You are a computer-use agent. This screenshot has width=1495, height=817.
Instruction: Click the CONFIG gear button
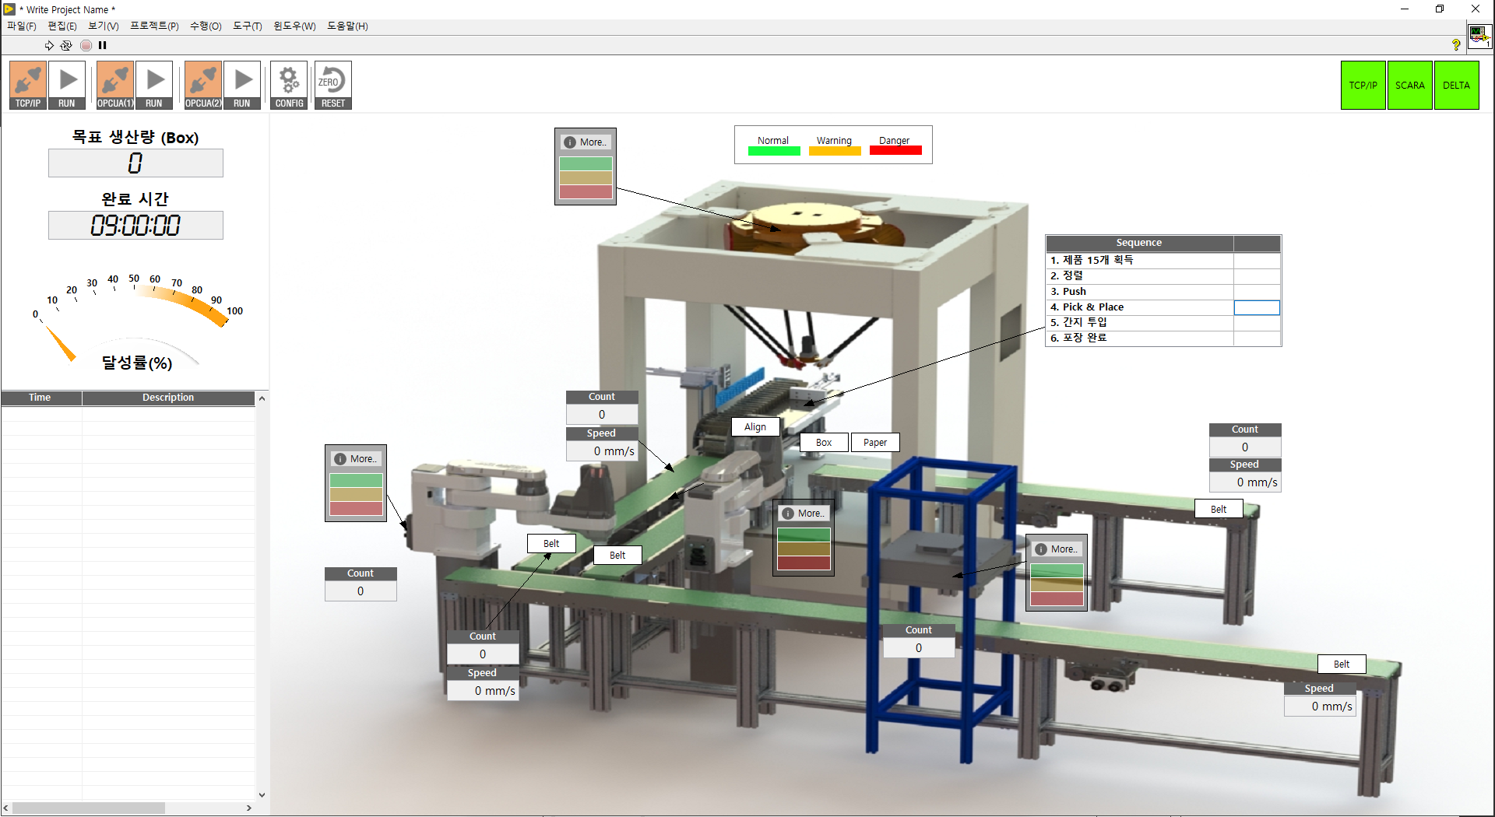289,85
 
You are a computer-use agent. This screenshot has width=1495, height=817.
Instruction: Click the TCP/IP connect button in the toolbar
28,85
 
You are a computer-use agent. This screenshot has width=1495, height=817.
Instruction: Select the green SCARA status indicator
1409,85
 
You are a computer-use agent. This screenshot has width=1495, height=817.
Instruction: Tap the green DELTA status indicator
1456,85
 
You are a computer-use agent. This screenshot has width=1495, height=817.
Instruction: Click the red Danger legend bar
895,151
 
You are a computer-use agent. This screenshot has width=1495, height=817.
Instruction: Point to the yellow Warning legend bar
835,151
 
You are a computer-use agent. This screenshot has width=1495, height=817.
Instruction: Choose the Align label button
755,426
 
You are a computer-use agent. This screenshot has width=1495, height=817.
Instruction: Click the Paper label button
875,442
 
